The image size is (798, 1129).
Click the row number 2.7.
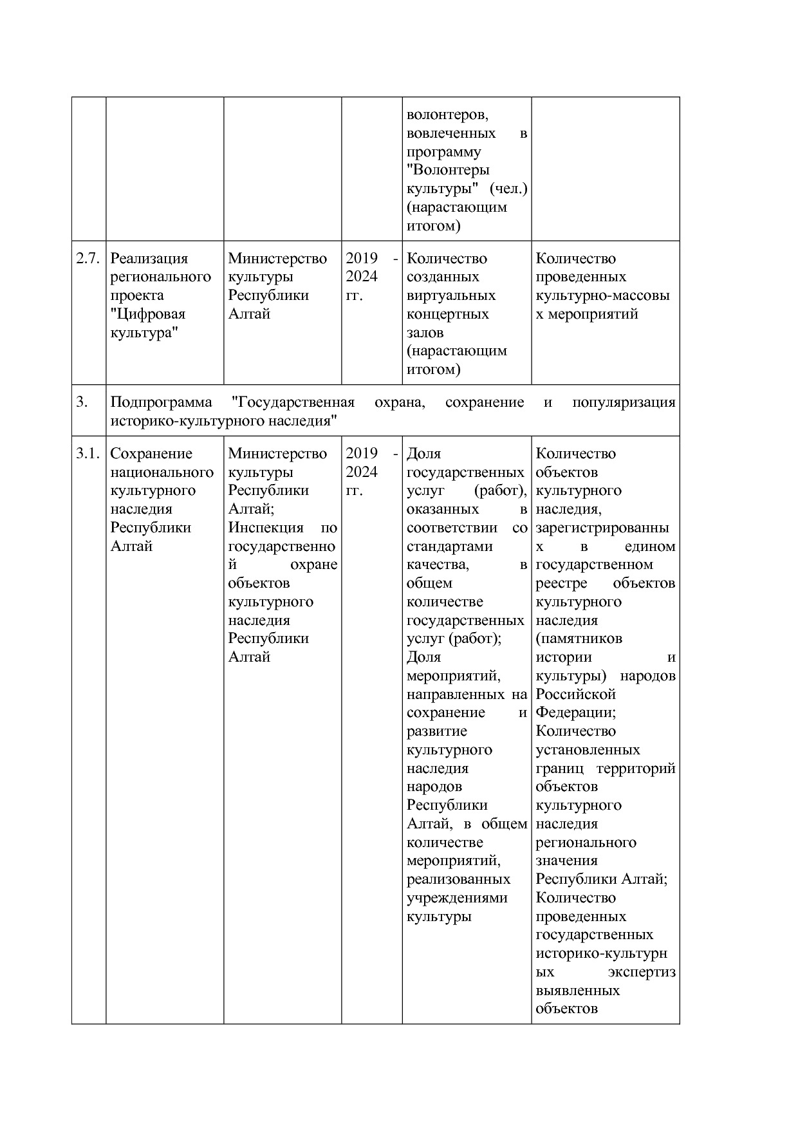click(88, 259)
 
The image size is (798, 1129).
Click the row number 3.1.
click(88, 454)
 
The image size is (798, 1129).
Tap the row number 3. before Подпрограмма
click(82, 402)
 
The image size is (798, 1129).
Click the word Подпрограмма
click(161, 402)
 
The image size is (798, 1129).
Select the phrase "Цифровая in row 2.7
click(148, 314)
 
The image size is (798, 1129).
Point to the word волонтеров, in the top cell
click(447, 115)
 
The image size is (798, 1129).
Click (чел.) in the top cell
click(508, 189)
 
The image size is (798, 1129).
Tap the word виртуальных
click(450, 295)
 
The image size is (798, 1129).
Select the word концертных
click(447, 314)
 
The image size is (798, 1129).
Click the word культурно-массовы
click(602, 295)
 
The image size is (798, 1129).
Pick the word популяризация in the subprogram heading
click(623, 402)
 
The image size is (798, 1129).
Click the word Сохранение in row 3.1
click(151, 454)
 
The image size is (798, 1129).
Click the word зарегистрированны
click(602, 528)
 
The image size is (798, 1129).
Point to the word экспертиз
click(642, 972)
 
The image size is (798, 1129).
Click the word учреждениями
click(456, 898)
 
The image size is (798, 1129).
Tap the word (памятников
click(579, 639)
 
